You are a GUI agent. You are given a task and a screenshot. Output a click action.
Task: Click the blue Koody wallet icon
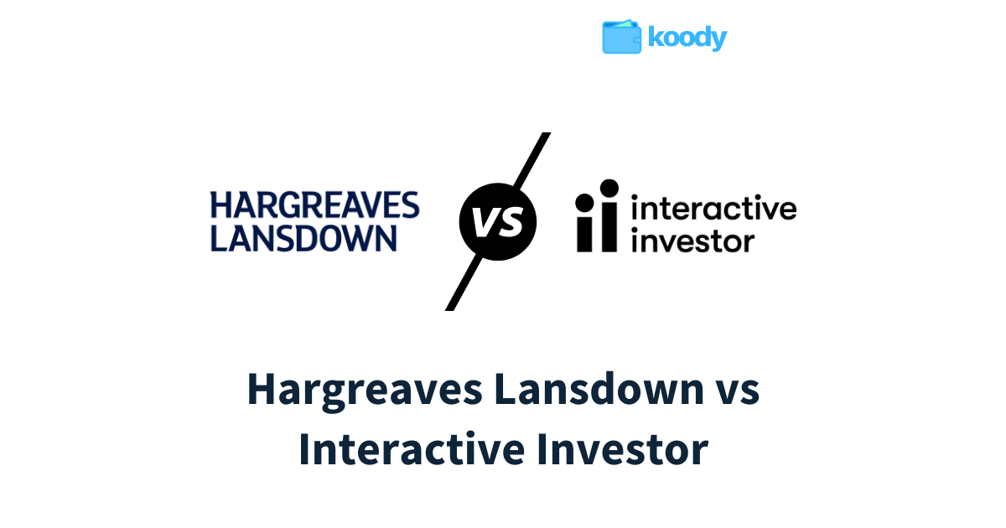click(x=621, y=37)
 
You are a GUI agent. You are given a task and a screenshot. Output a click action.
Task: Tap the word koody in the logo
click(x=687, y=38)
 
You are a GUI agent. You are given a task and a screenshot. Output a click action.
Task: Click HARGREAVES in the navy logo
click(x=315, y=205)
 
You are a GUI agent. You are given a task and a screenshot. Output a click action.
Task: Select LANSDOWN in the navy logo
click(x=303, y=238)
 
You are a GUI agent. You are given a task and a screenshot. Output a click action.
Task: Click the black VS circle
click(x=498, y=221)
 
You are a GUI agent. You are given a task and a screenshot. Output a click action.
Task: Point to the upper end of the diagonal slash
click(x=547, y=133)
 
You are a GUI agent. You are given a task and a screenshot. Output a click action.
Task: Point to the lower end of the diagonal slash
click(x=449, y=309)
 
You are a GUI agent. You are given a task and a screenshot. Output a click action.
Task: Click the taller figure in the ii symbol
click(x=609, y=215)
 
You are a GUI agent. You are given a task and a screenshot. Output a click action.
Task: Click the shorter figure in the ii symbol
click(x=585, y=223)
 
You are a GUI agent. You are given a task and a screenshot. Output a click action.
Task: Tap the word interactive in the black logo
click(x=713, y=208)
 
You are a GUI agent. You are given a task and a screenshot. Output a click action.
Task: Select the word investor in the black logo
click(x=693, y=241)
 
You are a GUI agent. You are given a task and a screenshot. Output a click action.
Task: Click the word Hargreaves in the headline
click(x=365, y=390)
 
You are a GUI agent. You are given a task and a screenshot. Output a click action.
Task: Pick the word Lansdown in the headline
click(x=599, y=389)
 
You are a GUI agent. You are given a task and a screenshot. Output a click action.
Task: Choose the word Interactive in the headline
click(x=412, y=449)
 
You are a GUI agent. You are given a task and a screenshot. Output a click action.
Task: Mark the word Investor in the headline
click(x=623, y=449)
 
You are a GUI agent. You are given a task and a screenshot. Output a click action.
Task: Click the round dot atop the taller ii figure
click(x=609, y=189)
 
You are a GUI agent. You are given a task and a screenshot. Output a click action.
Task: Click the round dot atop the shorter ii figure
click(x=585, y=203)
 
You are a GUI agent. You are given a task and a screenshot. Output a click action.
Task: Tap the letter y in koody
click(x=718, y=40)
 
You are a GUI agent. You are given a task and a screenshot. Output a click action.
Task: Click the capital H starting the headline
click(x=261, y=389)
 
